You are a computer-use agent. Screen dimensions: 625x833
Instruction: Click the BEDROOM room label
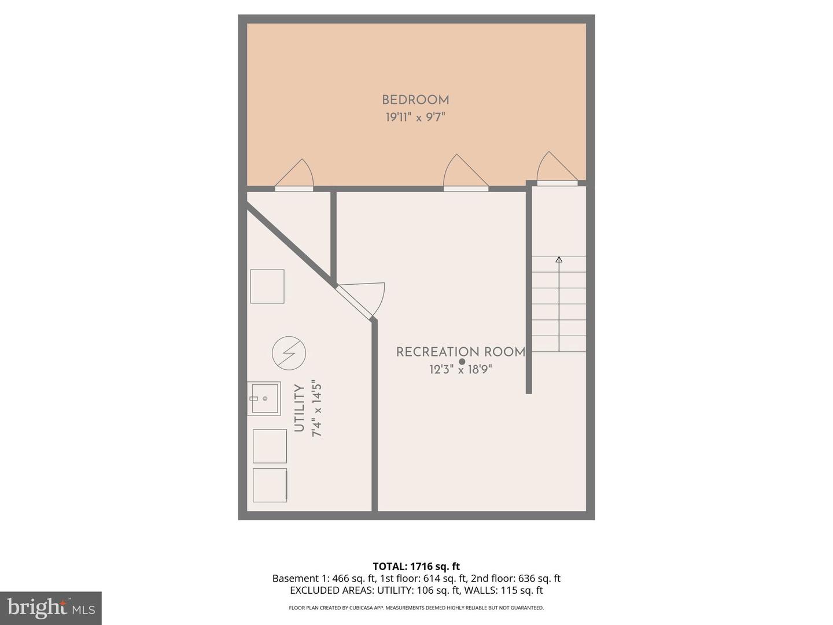(x=415, y=100)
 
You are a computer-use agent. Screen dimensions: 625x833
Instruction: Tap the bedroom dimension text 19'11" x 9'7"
(x=415, y=117)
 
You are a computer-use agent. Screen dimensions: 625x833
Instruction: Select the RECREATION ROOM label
(x=460, y=352)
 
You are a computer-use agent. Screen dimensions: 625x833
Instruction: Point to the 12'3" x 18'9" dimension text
(x=460, y=369)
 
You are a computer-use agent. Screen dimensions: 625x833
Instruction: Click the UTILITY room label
(x=299, y=409)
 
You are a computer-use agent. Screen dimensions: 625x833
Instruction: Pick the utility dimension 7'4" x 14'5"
(x=316, y=409)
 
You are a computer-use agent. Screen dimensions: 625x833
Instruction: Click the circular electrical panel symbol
(x=289, y=353)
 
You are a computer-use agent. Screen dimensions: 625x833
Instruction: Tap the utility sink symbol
(x=264, y=398)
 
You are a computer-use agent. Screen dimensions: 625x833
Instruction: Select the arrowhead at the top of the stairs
(x=559, y=260)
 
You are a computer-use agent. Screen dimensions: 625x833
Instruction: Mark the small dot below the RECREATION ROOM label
(x=462, y=362)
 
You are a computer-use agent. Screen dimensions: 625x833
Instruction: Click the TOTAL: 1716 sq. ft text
(x=416, y=566)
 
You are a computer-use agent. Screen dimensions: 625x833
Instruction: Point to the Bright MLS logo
(x=51, y=608)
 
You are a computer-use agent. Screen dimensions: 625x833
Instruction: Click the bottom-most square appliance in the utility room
(x=270, y=485)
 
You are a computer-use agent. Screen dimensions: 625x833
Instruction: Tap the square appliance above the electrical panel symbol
(x=267, y=286)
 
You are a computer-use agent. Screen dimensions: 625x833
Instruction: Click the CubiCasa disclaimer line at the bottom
(x=416, y=608)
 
